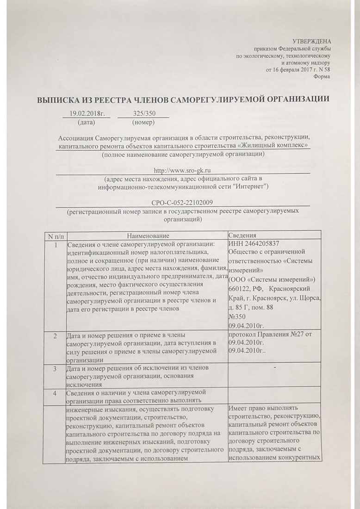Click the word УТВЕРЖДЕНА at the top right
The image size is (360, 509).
click(x=312, y=42)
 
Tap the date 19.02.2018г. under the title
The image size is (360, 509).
click(x=87, y=113)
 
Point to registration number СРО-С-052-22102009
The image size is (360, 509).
click(x=182, y=202)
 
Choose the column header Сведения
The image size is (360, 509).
click(x=242, y=236)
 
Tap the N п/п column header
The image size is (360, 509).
click(x=56, y=236)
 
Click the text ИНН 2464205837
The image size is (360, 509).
click(x=254, y=244)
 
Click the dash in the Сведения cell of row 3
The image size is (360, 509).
click(x=275, y=368)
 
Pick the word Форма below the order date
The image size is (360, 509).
click(x=322, y=76)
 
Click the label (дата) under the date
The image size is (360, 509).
click(x=87, y=123)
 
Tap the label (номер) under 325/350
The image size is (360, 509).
click(x=143, y=123)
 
